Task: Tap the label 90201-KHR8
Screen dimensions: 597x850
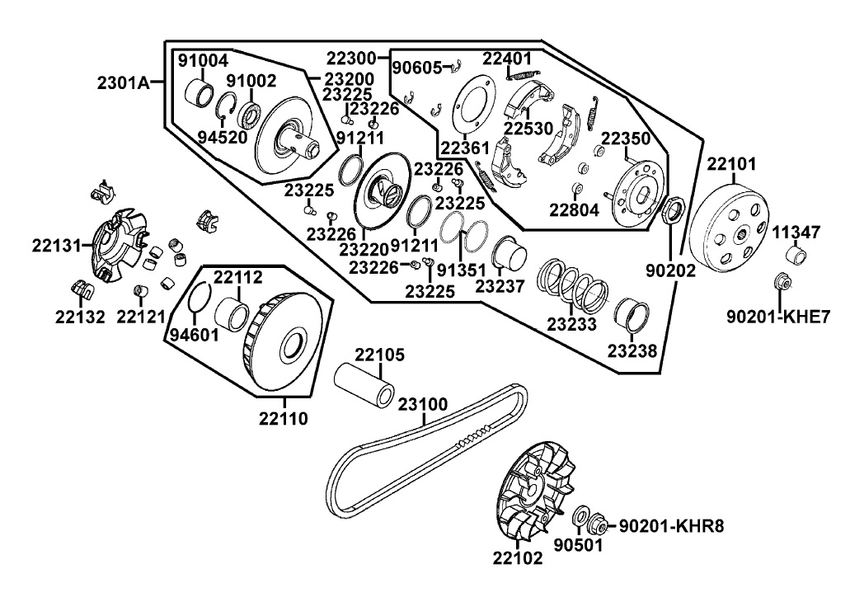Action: tap(671, 525)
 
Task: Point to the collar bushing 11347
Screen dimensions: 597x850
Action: tap(795, 254)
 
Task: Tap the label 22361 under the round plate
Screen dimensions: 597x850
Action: tap(465, 147)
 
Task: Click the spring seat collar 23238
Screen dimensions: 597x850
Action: tap(632, 314)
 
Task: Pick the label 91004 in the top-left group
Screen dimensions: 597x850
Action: tap(204, 61)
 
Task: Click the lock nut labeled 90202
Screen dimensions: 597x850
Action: tap(673, 211)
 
